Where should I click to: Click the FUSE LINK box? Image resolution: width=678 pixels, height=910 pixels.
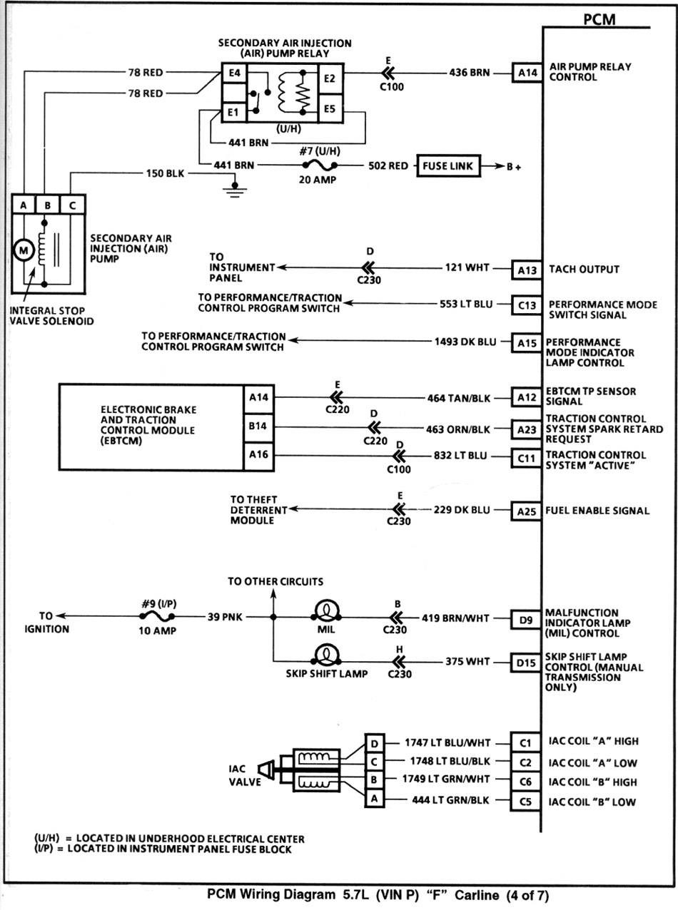pos(448,165)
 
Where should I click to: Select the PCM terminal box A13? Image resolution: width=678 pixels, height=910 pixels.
pos(527,270)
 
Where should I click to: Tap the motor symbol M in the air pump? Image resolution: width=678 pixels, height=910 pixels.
pos(24,250)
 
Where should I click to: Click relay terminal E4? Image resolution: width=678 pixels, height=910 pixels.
pos(234,73)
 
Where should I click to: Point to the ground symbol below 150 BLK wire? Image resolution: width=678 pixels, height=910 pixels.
pos(235,190)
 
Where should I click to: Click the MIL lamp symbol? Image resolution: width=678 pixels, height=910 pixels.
pos(326,610)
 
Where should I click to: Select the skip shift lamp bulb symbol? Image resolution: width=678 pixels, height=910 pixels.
pos(326,655)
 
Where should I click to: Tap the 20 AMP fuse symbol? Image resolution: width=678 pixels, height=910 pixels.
pos(320,165)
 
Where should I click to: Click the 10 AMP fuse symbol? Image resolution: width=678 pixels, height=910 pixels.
pos(157,616)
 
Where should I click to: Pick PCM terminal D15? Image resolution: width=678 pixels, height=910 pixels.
pos(526,663)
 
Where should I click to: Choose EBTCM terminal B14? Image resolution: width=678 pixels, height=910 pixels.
pos(258,426)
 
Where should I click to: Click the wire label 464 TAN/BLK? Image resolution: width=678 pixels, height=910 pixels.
pos(459,398)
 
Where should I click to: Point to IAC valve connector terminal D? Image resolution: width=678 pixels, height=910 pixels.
pos(375,744)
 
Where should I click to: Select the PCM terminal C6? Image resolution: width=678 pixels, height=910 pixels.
pos(525,782)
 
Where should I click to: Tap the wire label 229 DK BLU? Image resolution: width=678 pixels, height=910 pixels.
pos(462,510)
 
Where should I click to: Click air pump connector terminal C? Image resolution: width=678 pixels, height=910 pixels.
pos(72,205)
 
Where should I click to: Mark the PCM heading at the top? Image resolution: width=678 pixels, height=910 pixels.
pos(599,19)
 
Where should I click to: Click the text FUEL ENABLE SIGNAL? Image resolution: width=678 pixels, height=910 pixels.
pos(597,511)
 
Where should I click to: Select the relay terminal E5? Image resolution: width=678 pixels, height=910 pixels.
pos(330,109)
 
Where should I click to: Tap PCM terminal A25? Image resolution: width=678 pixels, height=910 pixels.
pos(526,511)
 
